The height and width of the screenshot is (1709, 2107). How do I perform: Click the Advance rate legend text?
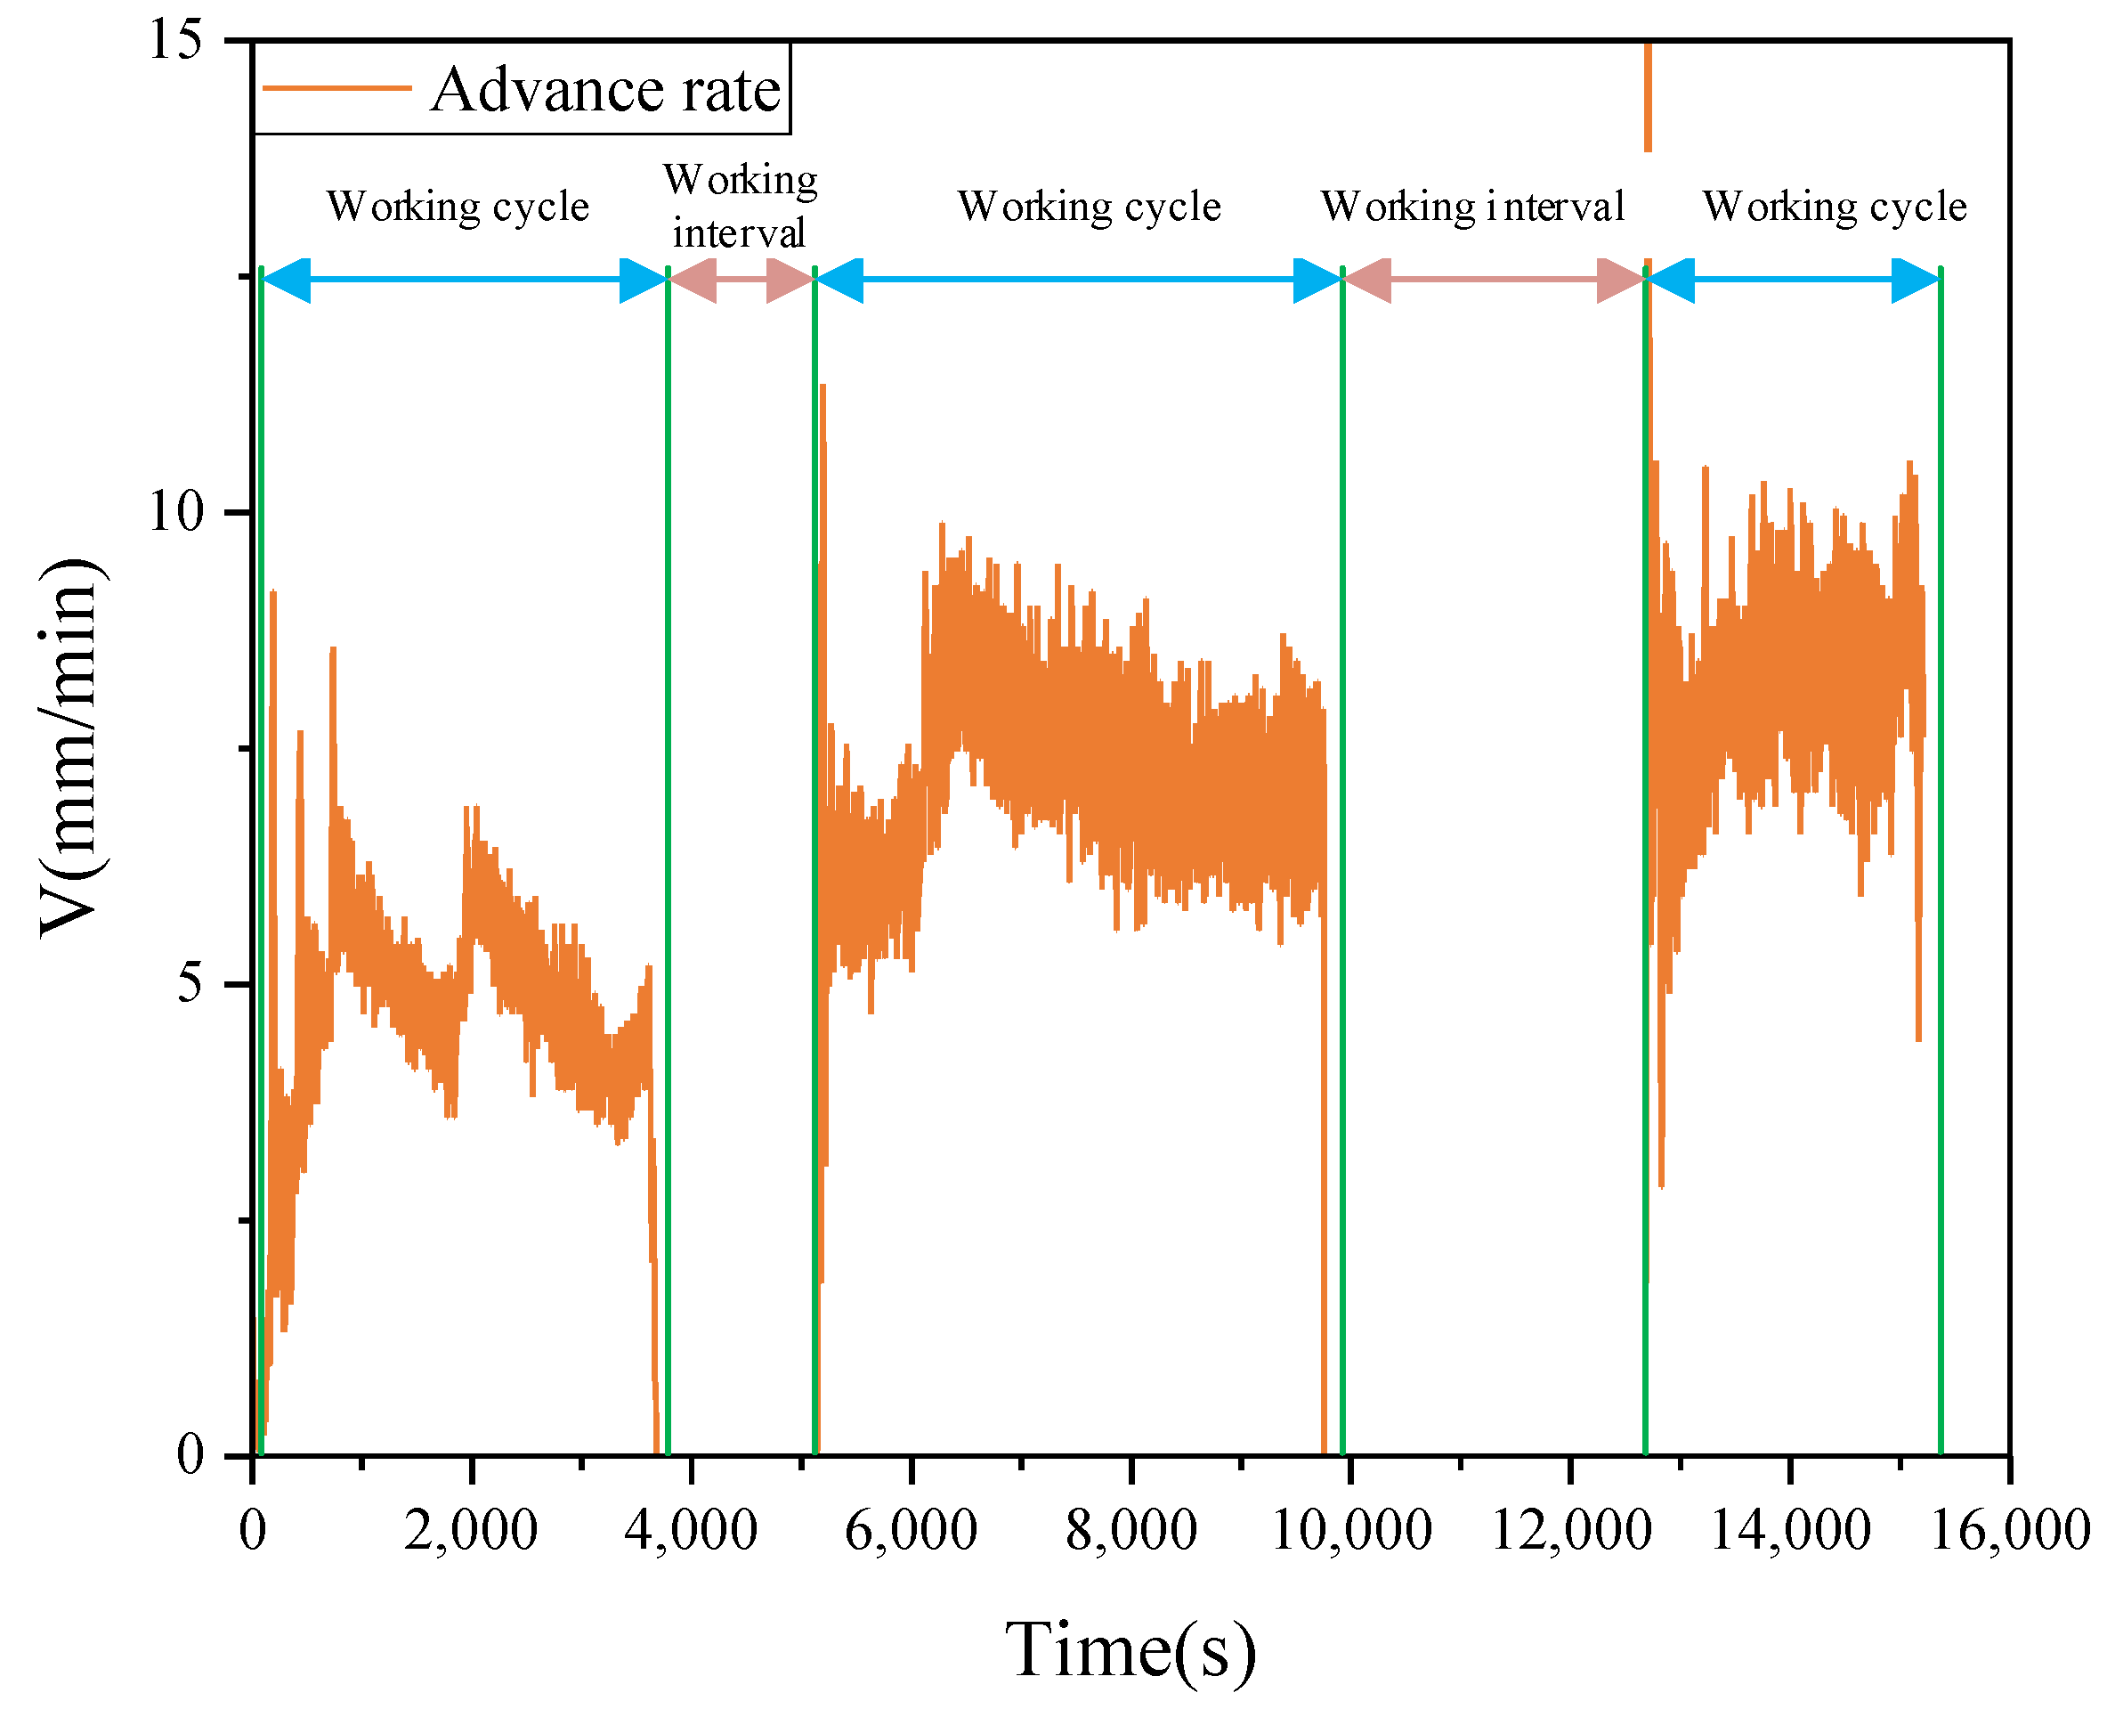(x=604, y=90)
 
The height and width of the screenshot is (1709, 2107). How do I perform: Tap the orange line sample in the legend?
(x=336, y=88)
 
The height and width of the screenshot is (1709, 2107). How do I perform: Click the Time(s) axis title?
(x=1130, y=1650)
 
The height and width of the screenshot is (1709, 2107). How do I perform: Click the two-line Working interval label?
(x=739, y=207)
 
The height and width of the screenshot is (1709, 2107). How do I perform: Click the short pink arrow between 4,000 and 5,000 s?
(x=741, y=280)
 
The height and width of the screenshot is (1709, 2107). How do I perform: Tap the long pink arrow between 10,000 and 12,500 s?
(x=1493, y=280)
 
